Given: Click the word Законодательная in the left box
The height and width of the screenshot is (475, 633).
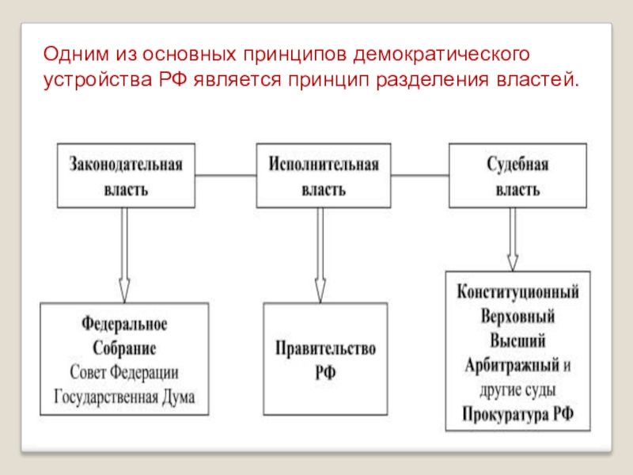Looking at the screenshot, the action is pyautogui.click(x=126, y=165).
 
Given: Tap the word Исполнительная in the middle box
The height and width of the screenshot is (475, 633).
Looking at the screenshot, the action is pyautogui.click(x=324, y=165).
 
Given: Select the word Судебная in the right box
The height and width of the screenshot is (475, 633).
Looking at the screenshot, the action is pyautogui.click(x=517, y=165).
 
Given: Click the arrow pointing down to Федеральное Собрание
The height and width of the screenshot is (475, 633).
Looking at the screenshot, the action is pyautogui.click(x=124, y=255).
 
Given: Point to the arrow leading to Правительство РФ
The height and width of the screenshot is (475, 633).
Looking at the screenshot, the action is pyautogui.click(x=320, y=255).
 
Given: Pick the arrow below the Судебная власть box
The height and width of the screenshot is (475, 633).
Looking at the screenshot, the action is pyautogui.click(x=513, y=240).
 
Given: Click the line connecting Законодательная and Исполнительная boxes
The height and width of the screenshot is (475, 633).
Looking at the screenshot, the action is pyautogui.click(x=226, y=176).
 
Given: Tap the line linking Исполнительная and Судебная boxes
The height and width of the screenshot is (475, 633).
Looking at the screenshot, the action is pyautogui.click(x=420, y=176).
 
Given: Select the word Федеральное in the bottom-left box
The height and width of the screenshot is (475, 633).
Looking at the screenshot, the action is pyautogui.click(x=124, y=324).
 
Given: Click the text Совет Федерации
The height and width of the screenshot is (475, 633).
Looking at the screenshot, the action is pyautogui.click(x=124, y=372).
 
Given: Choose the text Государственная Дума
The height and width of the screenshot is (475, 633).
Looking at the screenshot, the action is pyautogui.click(x=124, y=397).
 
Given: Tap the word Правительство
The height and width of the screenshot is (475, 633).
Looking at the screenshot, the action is pyautogui.click(x=325, y=348).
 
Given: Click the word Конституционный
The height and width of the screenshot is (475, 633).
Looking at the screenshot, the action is pyautogui.click(x=518, y=291).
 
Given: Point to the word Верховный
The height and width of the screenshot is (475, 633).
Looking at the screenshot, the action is pyautogui.click(x=518, y=316).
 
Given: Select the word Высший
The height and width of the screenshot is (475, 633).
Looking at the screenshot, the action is pyautogui.click(x=518, y=340).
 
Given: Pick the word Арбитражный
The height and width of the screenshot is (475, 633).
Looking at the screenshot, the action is pyautogui.click(x=512, y=365).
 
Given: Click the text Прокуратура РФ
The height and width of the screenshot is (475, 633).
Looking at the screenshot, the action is pyautogui.click(x=518, y=414).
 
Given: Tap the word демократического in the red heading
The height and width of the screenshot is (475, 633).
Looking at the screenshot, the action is pyautogui.click(x=442, y=54).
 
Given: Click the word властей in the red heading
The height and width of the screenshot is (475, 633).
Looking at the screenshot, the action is pyautogui.click(x=538, y=79).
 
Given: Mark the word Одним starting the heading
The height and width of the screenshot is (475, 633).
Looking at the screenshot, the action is pyautogui.click(x=76, y=54).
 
